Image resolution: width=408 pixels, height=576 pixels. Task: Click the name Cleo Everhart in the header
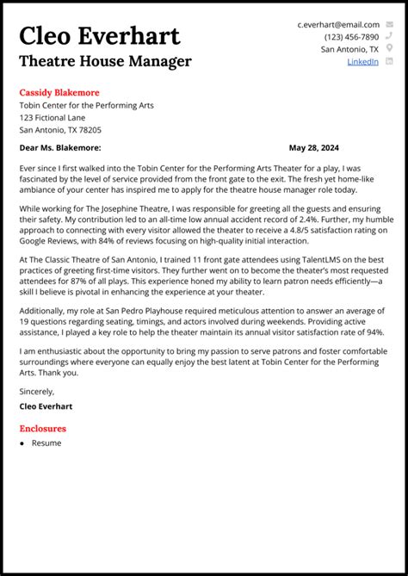pyautogui.click(x=100, y=36)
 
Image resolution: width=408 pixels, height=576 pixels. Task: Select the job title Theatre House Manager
pyautogui.click(x=105, y=61)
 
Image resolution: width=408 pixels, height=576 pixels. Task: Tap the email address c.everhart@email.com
pyautogui.click(x=338, y=25)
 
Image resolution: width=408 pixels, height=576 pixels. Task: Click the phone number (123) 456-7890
pyautogui.click(x=351, y=37)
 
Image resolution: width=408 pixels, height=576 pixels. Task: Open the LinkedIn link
pyautogui.click(x=362, y=62)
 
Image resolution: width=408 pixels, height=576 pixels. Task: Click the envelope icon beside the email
pyautogui.click(x=389, y=25)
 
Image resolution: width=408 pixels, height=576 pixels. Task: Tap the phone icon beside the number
pyautogui.click(x=389, y=37)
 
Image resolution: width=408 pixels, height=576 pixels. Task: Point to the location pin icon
pyautogui.click(x=389, y=49)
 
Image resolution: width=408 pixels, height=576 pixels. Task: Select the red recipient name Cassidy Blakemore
pyautogui.click(x=59, y=92)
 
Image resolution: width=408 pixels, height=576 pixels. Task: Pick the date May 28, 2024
pyautogui.click(x=314, y=148)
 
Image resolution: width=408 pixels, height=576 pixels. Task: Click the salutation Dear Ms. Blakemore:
pyautogui.click(x=60, y=148)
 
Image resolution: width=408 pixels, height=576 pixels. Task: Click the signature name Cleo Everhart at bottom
pyautogui.click(x=46, y=406)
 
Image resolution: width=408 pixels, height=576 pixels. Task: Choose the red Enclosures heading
pyautogui.click(x=42, y=428)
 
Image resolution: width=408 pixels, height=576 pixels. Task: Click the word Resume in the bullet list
pyautogui.click(x=46, y=443)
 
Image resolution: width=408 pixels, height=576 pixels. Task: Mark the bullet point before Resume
pyautogui.click(x=22, y=443)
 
